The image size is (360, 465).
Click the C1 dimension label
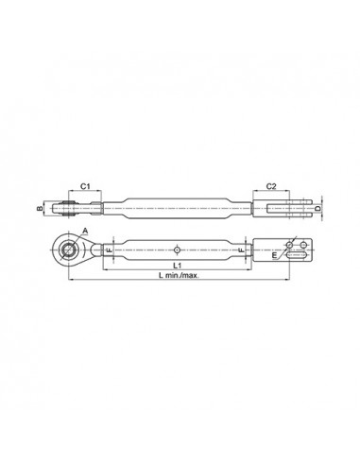(x=83, y=187)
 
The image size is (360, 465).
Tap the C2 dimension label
(x=270, y=187)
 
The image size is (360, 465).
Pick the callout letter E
(x=274, y=254)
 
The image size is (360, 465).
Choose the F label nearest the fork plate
(x=244, y=250)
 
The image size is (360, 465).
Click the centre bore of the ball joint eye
(x=68, y=250)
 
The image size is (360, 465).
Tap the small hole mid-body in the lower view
(x=178, y=250)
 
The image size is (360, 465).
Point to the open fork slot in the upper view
(x=283, y=206)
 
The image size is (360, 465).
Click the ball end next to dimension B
(x=67, y=206)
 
